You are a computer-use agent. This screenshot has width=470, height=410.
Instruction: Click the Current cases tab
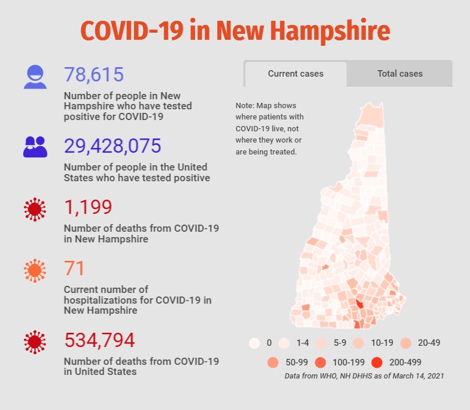[296, 74]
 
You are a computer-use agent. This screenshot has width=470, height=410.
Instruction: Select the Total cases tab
[400, 74]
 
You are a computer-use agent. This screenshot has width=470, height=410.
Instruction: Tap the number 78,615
[94, 75]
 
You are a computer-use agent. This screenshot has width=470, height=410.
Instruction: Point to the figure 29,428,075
[112, 146]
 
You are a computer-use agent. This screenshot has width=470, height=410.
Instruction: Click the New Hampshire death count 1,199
[88, 207]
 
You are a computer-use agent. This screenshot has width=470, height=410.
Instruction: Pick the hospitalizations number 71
[74, 269]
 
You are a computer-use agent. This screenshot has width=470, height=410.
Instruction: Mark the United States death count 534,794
[99, 340]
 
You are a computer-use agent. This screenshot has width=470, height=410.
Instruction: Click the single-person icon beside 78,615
[35, 77]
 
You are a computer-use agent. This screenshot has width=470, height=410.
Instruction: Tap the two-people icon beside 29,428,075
[35, 147]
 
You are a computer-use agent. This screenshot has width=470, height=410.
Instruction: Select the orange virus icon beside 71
[35, 271]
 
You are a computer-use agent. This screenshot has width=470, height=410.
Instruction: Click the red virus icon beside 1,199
[35, 209]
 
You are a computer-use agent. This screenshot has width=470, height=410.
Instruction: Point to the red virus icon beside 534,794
[35, 342]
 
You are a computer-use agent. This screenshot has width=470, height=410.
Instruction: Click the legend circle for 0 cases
[255, 343]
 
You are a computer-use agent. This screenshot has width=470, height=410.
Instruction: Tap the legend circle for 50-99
[273, 361]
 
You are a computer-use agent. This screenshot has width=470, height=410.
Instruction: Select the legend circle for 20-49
[405, 343]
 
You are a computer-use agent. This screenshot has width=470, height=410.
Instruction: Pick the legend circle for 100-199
[321, 361]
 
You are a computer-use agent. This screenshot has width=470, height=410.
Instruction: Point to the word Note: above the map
[245, 106]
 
